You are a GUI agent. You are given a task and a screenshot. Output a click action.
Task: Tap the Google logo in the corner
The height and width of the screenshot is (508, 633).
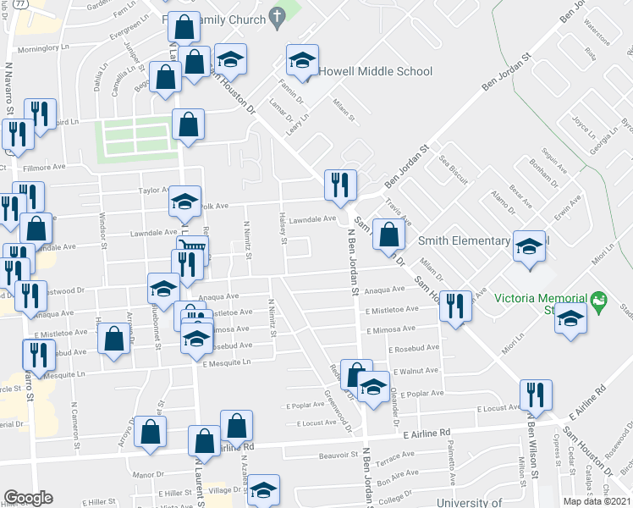(x=28, y=498)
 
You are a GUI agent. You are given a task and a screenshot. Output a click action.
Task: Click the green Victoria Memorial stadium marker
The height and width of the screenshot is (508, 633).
(x=599, y=300)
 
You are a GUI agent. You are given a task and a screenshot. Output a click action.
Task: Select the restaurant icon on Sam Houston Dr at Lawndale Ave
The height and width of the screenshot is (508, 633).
(x=341, y=185)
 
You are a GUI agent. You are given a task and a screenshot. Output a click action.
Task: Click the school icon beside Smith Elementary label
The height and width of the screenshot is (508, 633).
(x=530, y=246)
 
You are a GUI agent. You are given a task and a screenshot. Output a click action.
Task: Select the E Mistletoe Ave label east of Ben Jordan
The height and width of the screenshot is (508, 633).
(x=393, y=311)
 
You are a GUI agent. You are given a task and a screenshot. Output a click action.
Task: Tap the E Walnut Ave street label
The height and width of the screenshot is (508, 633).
(x=414, y=371)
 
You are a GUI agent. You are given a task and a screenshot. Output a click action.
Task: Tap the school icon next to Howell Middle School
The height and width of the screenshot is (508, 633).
(x=300, y=59)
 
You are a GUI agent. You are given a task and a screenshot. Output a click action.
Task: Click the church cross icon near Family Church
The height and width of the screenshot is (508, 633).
(x=276, y=15)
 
